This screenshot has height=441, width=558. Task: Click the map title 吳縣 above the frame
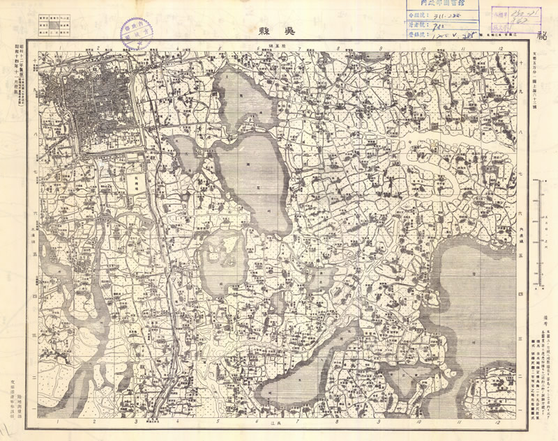(x=278, y=31)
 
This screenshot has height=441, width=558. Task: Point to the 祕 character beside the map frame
(x=543, y=31)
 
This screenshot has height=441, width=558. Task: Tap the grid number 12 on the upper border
(x=500, y=49)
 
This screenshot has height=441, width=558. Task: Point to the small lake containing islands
(x=220, y=261)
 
